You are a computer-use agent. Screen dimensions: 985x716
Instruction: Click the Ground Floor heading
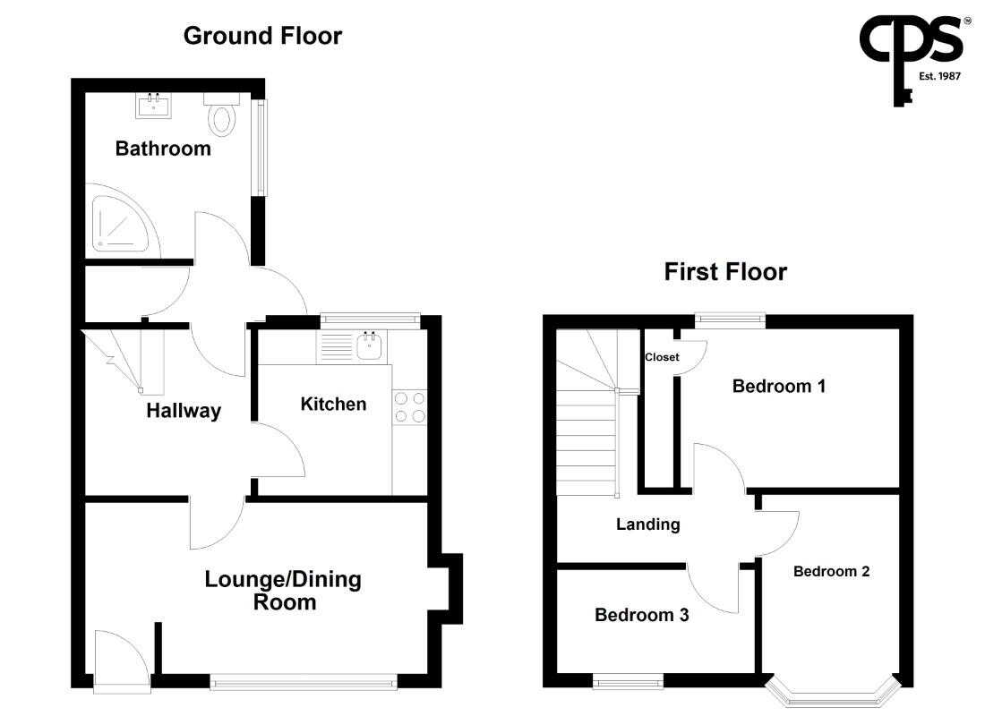pos(262,36)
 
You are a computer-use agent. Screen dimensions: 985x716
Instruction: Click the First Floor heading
pos(725,272)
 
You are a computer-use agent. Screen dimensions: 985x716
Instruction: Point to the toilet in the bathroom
pos(222,115)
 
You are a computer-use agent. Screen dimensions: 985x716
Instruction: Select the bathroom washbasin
pos(153,106)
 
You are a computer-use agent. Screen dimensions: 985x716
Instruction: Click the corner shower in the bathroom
pos(123,221)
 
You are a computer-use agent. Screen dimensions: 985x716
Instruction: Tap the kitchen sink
pos(370,346)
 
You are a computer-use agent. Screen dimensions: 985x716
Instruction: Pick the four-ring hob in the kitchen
pos(409,407)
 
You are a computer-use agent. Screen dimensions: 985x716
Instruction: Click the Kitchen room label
pos(334,404)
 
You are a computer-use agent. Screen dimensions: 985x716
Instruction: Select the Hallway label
pos(184,411)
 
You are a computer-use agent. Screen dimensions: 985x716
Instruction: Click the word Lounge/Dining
pos(283,579)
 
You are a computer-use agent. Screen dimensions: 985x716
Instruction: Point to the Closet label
pos(662,357)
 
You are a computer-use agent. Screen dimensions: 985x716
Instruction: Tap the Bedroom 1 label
pos(779,386)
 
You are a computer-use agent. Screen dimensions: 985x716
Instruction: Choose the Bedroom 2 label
pos(832,571)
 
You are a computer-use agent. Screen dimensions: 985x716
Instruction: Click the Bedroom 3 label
pos(641,614)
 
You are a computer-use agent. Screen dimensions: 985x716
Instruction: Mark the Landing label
pos(647,524)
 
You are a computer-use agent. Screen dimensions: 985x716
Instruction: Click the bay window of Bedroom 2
pos(833,694)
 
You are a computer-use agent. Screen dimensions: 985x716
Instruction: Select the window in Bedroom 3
pos(629,681)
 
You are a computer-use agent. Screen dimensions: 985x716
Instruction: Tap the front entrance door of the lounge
pos(122,660)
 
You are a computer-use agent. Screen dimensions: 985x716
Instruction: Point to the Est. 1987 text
pos(939,76)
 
